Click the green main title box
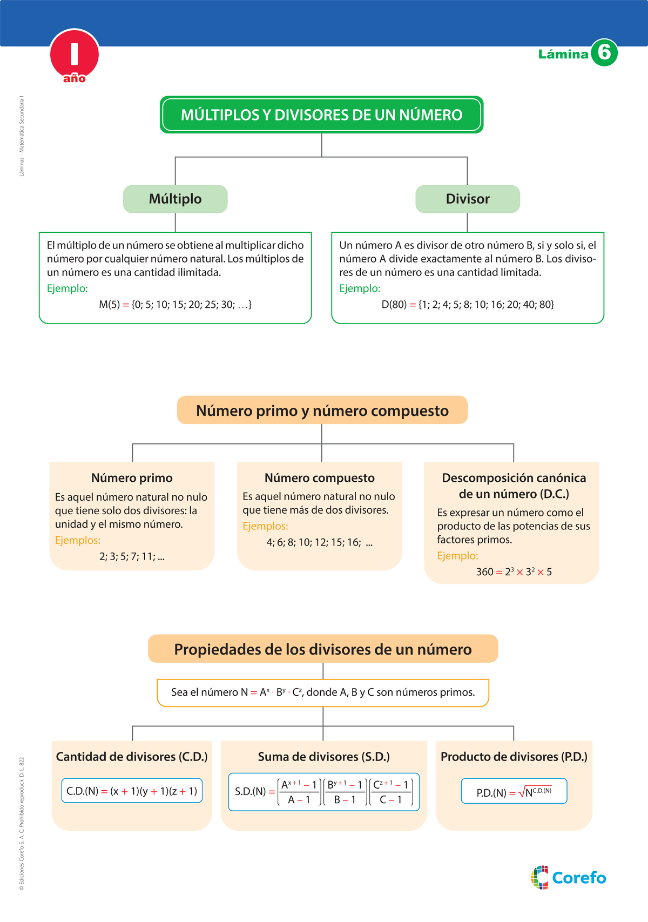click(321, 115)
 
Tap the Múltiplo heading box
click(175, 199)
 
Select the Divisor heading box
click(467, 199)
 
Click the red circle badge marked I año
click(75, 56)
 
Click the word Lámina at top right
click(563, 54)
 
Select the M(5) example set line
click(175, 305)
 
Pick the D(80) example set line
click(468, 305)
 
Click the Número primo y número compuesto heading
click(322, 410)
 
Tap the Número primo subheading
click(132, 478)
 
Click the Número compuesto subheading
click(319, 478)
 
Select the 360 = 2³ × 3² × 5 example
click(514, 572)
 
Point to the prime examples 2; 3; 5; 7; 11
click(132, 556)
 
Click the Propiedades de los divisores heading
click(322, 649)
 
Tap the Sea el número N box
click(322, 692)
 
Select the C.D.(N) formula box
click(132, 791)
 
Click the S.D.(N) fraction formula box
click(323, 792)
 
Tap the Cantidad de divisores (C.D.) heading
click(132, 757)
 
